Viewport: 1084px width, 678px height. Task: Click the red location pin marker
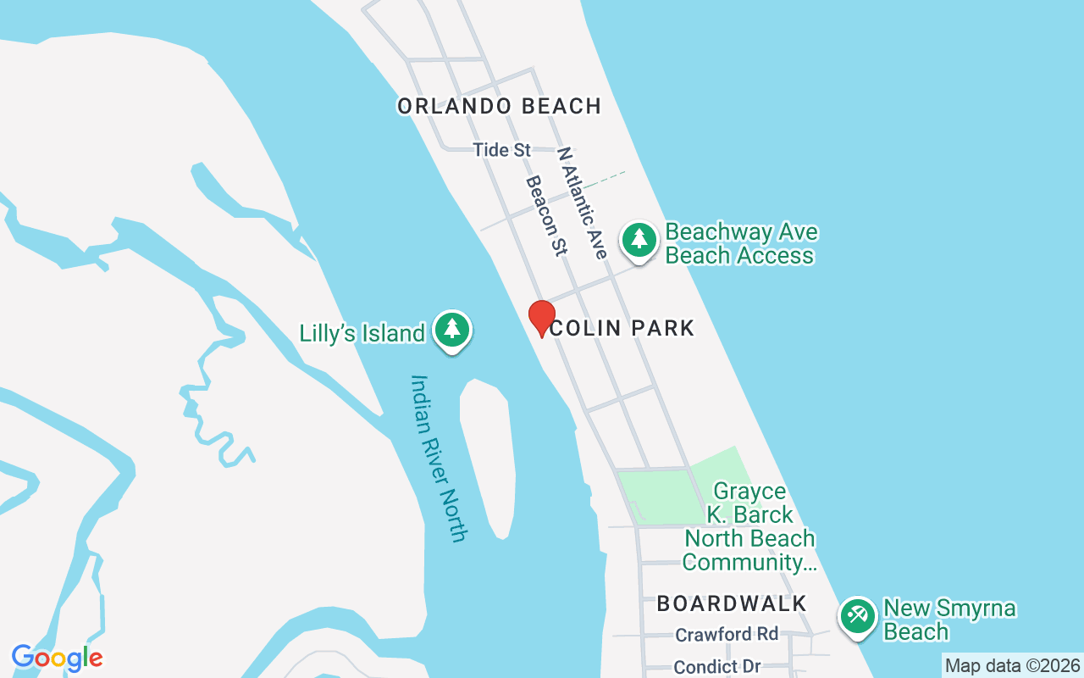point(541,318)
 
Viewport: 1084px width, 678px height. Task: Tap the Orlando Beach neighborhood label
point(499,106)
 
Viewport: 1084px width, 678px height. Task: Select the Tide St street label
point(501,150)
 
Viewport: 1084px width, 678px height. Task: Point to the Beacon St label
point(545,215)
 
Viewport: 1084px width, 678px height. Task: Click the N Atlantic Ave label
point(582,203)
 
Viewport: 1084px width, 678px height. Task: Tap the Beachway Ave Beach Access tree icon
point(639,240)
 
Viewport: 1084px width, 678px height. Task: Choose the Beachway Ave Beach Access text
point(740,244)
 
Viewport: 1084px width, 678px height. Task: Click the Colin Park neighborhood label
point(622,328)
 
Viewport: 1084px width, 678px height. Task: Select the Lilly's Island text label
point(362,333)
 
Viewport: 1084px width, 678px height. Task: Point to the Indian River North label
point(438,458)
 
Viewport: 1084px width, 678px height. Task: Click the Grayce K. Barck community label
point(749,526)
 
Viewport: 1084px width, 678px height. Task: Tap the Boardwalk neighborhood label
point(732,603)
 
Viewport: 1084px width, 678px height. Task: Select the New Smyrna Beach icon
point(857,615)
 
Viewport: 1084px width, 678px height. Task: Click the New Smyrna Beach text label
point(948,620)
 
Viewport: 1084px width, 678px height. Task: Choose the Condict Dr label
point(716,667)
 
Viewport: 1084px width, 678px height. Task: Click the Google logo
point(57,658)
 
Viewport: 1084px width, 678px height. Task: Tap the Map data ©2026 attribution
point(1012,666)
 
